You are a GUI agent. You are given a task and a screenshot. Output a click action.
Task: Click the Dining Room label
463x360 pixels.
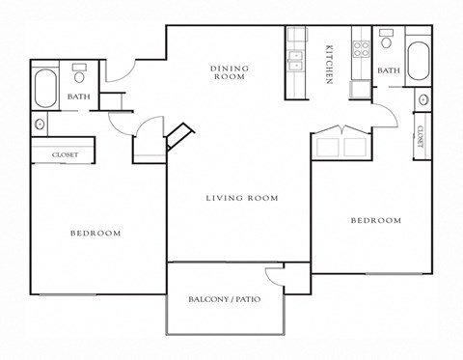pos(230,72)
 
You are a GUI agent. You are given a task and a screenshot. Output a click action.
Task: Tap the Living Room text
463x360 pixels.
pos(241,198)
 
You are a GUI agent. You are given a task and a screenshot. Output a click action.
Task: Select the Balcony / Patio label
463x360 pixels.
pos(224,299)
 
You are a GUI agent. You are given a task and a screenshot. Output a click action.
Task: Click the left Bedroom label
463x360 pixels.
pos(95,233)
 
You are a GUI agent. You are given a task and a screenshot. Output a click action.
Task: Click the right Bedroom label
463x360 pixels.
pos(375,221)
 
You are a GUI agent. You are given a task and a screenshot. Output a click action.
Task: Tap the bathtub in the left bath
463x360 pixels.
pos(44,88)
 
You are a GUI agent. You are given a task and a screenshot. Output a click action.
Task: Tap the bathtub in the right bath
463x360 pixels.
pos(420,62)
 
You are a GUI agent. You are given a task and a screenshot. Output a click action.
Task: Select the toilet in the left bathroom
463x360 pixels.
pos(79,73)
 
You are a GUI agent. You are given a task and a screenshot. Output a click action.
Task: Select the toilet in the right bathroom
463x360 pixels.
pos(387,41)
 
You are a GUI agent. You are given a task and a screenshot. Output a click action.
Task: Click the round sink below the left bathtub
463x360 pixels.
pos(40,125)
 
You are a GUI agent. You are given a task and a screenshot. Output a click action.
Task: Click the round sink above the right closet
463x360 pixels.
pos(422,100)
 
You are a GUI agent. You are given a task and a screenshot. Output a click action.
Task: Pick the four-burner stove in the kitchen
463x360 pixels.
pos(362,48)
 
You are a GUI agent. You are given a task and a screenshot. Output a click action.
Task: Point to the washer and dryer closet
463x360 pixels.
pos(341,147)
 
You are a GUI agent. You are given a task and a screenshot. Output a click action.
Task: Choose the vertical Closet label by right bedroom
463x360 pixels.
pos(422,129)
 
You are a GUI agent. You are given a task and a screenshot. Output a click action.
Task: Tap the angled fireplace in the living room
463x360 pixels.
pos(179,136)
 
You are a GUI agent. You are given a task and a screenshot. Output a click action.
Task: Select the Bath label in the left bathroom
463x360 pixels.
pos(79,97)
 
